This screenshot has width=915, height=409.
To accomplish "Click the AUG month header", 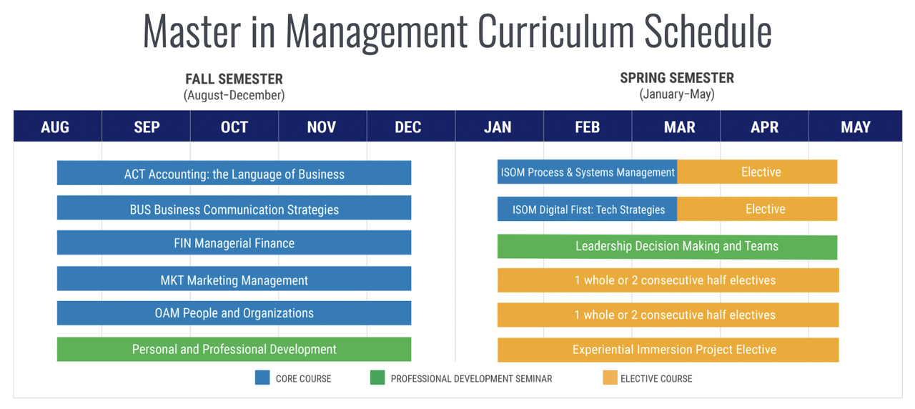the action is [55, 127].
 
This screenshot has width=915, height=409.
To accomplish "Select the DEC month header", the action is [407, 127].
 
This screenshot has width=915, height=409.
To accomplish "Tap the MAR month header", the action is [679, 127].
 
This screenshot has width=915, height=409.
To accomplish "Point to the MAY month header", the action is [856, 127].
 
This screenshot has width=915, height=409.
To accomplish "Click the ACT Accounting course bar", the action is [234, 173].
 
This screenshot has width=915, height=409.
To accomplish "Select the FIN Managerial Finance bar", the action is [234, 242].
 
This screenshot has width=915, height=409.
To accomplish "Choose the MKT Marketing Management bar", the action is [234, 279].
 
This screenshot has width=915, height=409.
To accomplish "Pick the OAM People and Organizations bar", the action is [234, 313].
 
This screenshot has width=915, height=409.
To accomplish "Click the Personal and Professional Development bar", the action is [234, 350].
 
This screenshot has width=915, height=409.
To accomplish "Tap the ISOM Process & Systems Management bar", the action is [588, 172].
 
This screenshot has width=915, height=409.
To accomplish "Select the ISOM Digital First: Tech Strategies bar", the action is [588, 209].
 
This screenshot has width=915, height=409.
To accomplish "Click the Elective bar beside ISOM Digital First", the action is [757, 209].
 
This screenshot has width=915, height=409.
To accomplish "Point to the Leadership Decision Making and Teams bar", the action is [668, 247].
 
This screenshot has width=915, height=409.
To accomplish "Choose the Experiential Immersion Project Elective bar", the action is [668, 350].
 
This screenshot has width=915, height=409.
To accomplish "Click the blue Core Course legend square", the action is [262, 378].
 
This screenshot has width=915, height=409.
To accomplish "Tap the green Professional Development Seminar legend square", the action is [377, 378].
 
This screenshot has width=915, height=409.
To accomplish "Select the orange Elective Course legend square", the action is [610, 378].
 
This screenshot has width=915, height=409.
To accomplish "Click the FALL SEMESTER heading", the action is [234, 79].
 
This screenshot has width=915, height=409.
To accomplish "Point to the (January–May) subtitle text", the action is [677, 94].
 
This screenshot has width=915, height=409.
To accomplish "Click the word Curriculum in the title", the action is [556, 31].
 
